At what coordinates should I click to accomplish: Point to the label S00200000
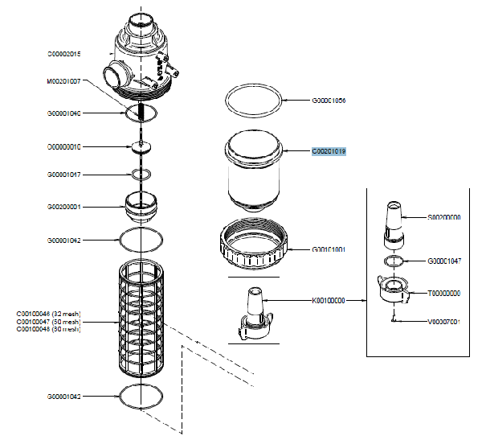coord(443,217)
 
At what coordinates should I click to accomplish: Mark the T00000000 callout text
coord(443,293)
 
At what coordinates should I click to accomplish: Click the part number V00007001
coord(443,322)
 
